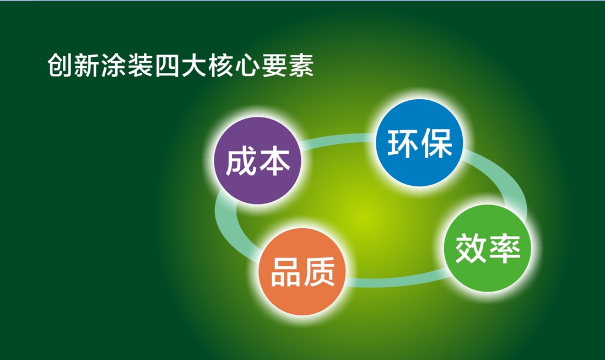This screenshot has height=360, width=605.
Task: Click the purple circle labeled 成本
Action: tap(258, 160)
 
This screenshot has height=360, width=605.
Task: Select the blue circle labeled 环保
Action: tap(419, 143)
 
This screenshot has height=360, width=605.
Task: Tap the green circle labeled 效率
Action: tap(488, 248)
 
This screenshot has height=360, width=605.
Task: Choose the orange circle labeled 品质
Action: tap(302, 272)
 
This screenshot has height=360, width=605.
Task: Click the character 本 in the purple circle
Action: tap(274, 162)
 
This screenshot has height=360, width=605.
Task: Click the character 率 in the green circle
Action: tap(505, 249)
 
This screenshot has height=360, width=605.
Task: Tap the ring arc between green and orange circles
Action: tap(397, 281)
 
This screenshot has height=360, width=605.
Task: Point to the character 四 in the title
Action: tap(168, 65)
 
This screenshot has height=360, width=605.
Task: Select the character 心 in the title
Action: tap(247, 65)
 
